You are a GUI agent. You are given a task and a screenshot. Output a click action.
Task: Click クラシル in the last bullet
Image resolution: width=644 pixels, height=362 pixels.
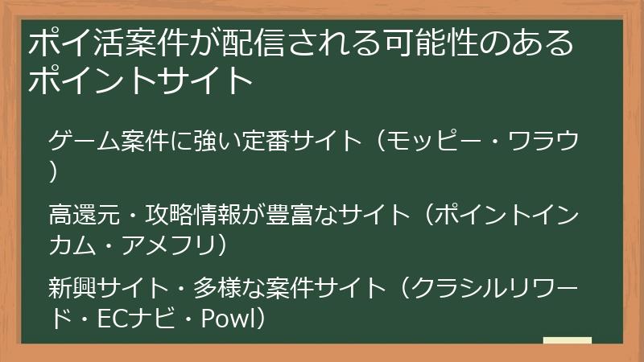coord(448,287)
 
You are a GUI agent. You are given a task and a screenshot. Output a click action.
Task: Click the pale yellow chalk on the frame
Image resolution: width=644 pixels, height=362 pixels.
coord(568,340)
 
